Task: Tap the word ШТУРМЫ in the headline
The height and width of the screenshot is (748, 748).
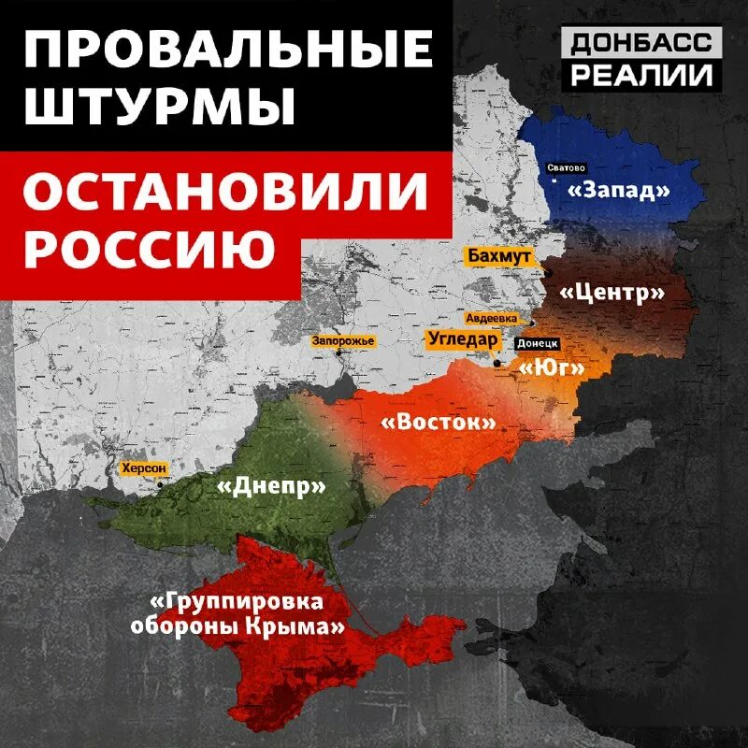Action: tap(157, 108)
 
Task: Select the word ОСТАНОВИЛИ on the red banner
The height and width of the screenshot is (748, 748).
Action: tap(225, 193)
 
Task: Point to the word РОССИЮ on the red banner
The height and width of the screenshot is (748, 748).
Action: tap(150, 247)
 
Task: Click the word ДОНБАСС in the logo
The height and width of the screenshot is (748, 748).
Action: tap(641, 42)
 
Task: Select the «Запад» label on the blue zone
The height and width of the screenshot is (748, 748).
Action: tap(620, 190)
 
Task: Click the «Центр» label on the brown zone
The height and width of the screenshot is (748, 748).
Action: tap(612, 293)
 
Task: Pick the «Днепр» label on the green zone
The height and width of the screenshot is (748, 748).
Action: tap(271, 486)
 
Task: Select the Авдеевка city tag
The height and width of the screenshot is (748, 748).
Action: tap(491, 318)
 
